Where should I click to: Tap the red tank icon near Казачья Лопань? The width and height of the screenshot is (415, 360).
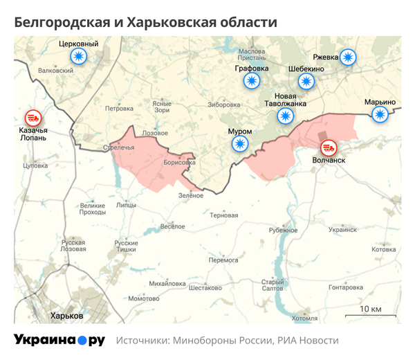[32, 118]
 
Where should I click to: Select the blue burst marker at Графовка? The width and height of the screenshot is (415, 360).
[252, 82]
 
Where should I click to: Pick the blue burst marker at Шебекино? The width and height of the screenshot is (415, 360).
[306, 82]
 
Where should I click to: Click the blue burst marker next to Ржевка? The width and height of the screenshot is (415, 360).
[349, 57]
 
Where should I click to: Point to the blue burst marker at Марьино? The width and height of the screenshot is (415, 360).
[380, 115]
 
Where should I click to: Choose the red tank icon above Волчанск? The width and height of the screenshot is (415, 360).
[329, 147]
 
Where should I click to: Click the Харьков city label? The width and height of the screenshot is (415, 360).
[67, 315]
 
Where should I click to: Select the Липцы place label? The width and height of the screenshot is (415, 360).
[127, 205]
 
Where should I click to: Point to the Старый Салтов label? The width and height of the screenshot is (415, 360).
[273, 285]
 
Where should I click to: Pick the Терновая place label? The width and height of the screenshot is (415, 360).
[223, 215]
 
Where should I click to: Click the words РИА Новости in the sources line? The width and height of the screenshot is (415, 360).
[308, 341]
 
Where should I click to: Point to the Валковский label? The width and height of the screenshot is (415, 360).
[56, 71]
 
